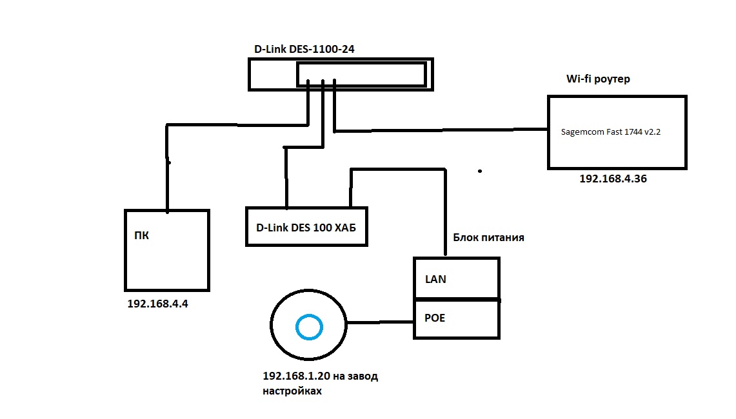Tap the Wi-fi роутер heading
pos(597,79)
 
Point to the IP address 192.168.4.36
pos(613,179)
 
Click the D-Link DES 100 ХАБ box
pos(306,227)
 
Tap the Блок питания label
pos(488,238)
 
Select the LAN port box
pos(456,278)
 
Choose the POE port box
pos(456,318)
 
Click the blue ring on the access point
pos(308,327)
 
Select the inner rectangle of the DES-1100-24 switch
pos(361,75)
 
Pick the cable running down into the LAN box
pos(446,213)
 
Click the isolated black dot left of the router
pos(480,171)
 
